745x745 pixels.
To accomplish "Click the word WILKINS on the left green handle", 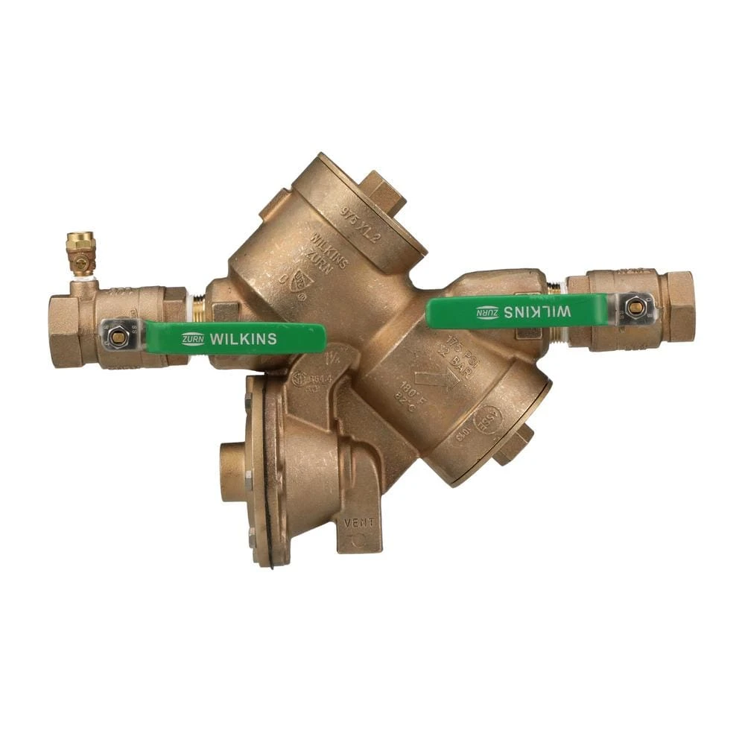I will (244, 339).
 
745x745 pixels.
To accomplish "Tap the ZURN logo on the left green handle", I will (193, 339).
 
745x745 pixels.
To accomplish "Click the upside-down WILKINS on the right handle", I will (537, 312).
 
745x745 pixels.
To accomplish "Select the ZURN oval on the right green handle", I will (486, 312).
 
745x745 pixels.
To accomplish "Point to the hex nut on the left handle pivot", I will (118, 337).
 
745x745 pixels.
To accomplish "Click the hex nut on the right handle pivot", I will (635, 307).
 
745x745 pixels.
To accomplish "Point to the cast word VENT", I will (359, 522).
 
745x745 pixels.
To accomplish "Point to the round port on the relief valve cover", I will (232, 471).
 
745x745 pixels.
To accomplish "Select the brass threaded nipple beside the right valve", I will (554, 288).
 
